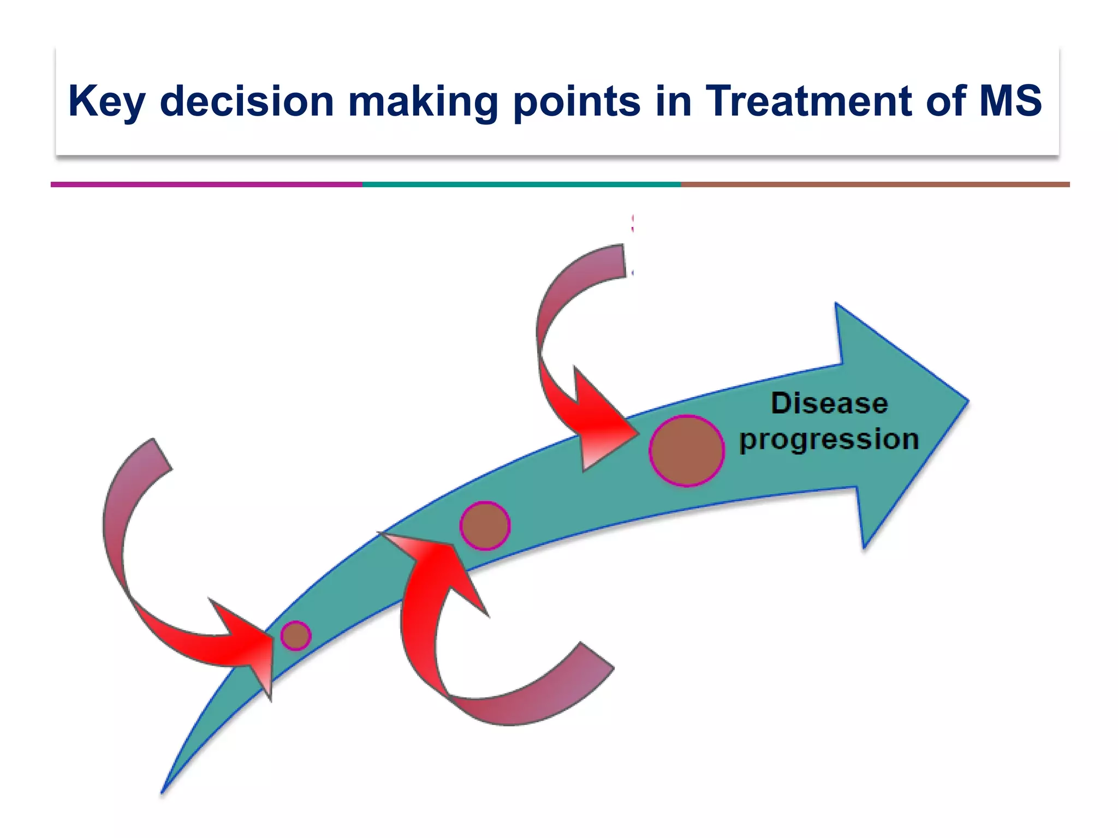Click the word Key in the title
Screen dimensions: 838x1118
107,101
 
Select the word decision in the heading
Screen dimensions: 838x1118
247,101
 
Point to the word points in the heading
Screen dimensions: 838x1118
577,101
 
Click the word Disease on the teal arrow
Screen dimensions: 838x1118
829,404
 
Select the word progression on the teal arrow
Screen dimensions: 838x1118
829,440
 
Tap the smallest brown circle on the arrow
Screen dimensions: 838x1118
296,636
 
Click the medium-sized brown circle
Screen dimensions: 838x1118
485,525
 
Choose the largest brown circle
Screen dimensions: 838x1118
687,451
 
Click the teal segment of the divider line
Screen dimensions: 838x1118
521,184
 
